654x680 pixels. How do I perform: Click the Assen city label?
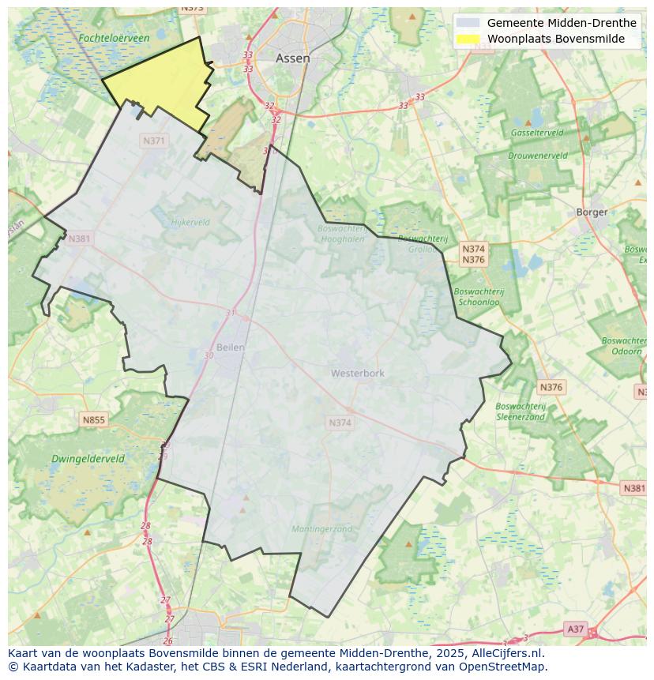(292, 58)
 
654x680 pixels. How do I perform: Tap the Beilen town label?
(231, 347)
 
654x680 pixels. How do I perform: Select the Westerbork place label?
(357, 373)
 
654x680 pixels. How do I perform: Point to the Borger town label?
(592, 212)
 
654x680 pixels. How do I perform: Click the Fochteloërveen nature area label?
(114, 38)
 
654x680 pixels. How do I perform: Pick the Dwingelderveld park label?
(88, 458)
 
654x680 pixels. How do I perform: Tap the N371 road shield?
(154, 141)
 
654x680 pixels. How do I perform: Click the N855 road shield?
(93, 420)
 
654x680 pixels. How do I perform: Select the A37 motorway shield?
(575, 629)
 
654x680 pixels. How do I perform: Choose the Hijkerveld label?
(190, 223)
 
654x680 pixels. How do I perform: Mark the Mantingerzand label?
(321, 529)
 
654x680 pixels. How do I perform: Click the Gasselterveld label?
(537, 133)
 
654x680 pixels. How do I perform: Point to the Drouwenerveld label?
(538, 156)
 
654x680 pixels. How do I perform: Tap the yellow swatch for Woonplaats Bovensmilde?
(468, 39)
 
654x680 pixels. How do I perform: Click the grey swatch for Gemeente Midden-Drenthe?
(468, 23)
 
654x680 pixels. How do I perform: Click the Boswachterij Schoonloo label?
(479, 296)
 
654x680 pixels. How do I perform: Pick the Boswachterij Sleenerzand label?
(521, 411)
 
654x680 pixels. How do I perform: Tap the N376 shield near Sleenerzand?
(551, 387)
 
